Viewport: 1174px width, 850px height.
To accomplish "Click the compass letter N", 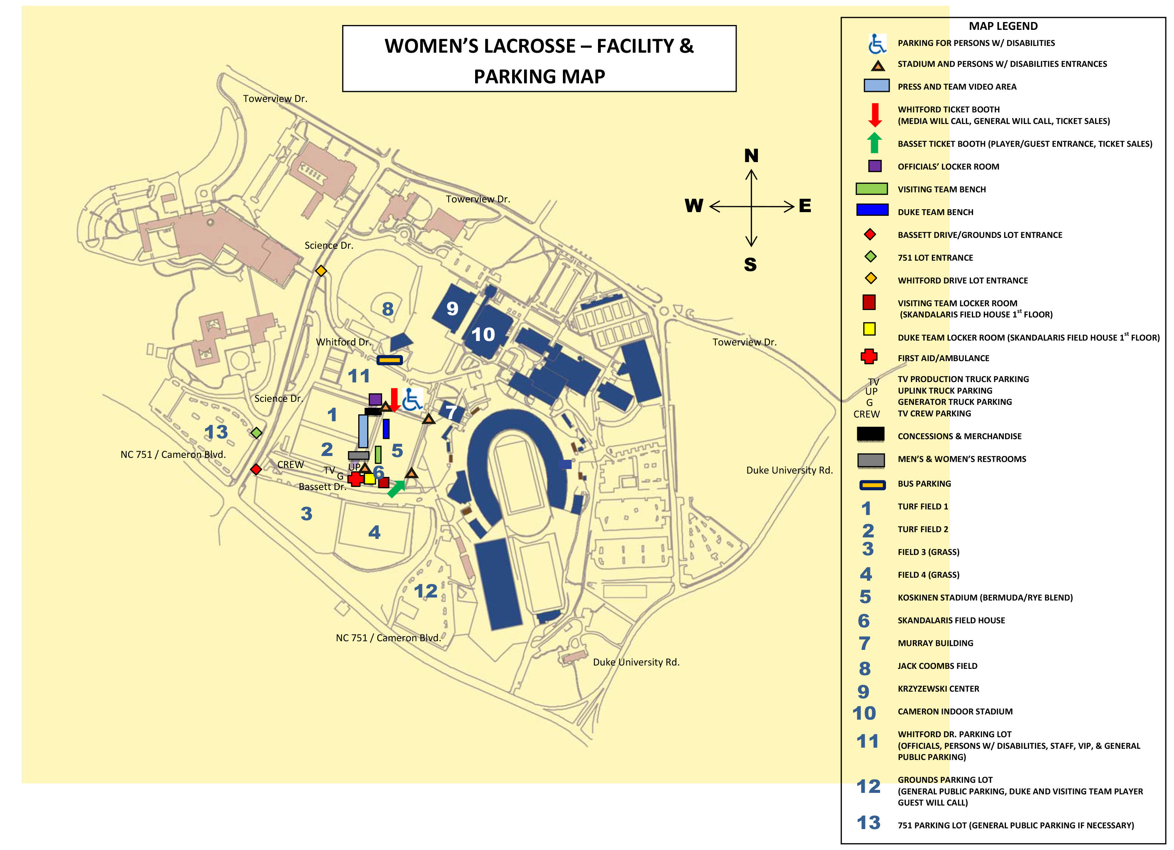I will point(751,156).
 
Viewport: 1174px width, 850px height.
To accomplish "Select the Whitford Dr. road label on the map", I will point(344,342).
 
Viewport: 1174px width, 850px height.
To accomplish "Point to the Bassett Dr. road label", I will point(322,487).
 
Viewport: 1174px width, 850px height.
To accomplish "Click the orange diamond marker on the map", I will point(321,271).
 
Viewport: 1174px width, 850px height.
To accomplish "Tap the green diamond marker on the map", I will point(256,432).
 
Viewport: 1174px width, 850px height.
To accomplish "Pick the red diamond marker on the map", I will point(256,469).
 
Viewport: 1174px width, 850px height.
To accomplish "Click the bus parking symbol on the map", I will point(389,360).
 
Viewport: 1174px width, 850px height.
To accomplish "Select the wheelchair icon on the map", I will point(412,400).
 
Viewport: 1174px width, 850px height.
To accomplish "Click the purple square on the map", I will point(375,399).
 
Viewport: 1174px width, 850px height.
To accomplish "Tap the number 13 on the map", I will point(216,432).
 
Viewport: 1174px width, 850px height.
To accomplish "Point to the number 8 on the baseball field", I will point(388,309).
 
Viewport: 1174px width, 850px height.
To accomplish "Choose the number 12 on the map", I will point(425,591).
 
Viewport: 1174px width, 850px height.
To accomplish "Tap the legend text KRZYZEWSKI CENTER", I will point(938,689).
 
